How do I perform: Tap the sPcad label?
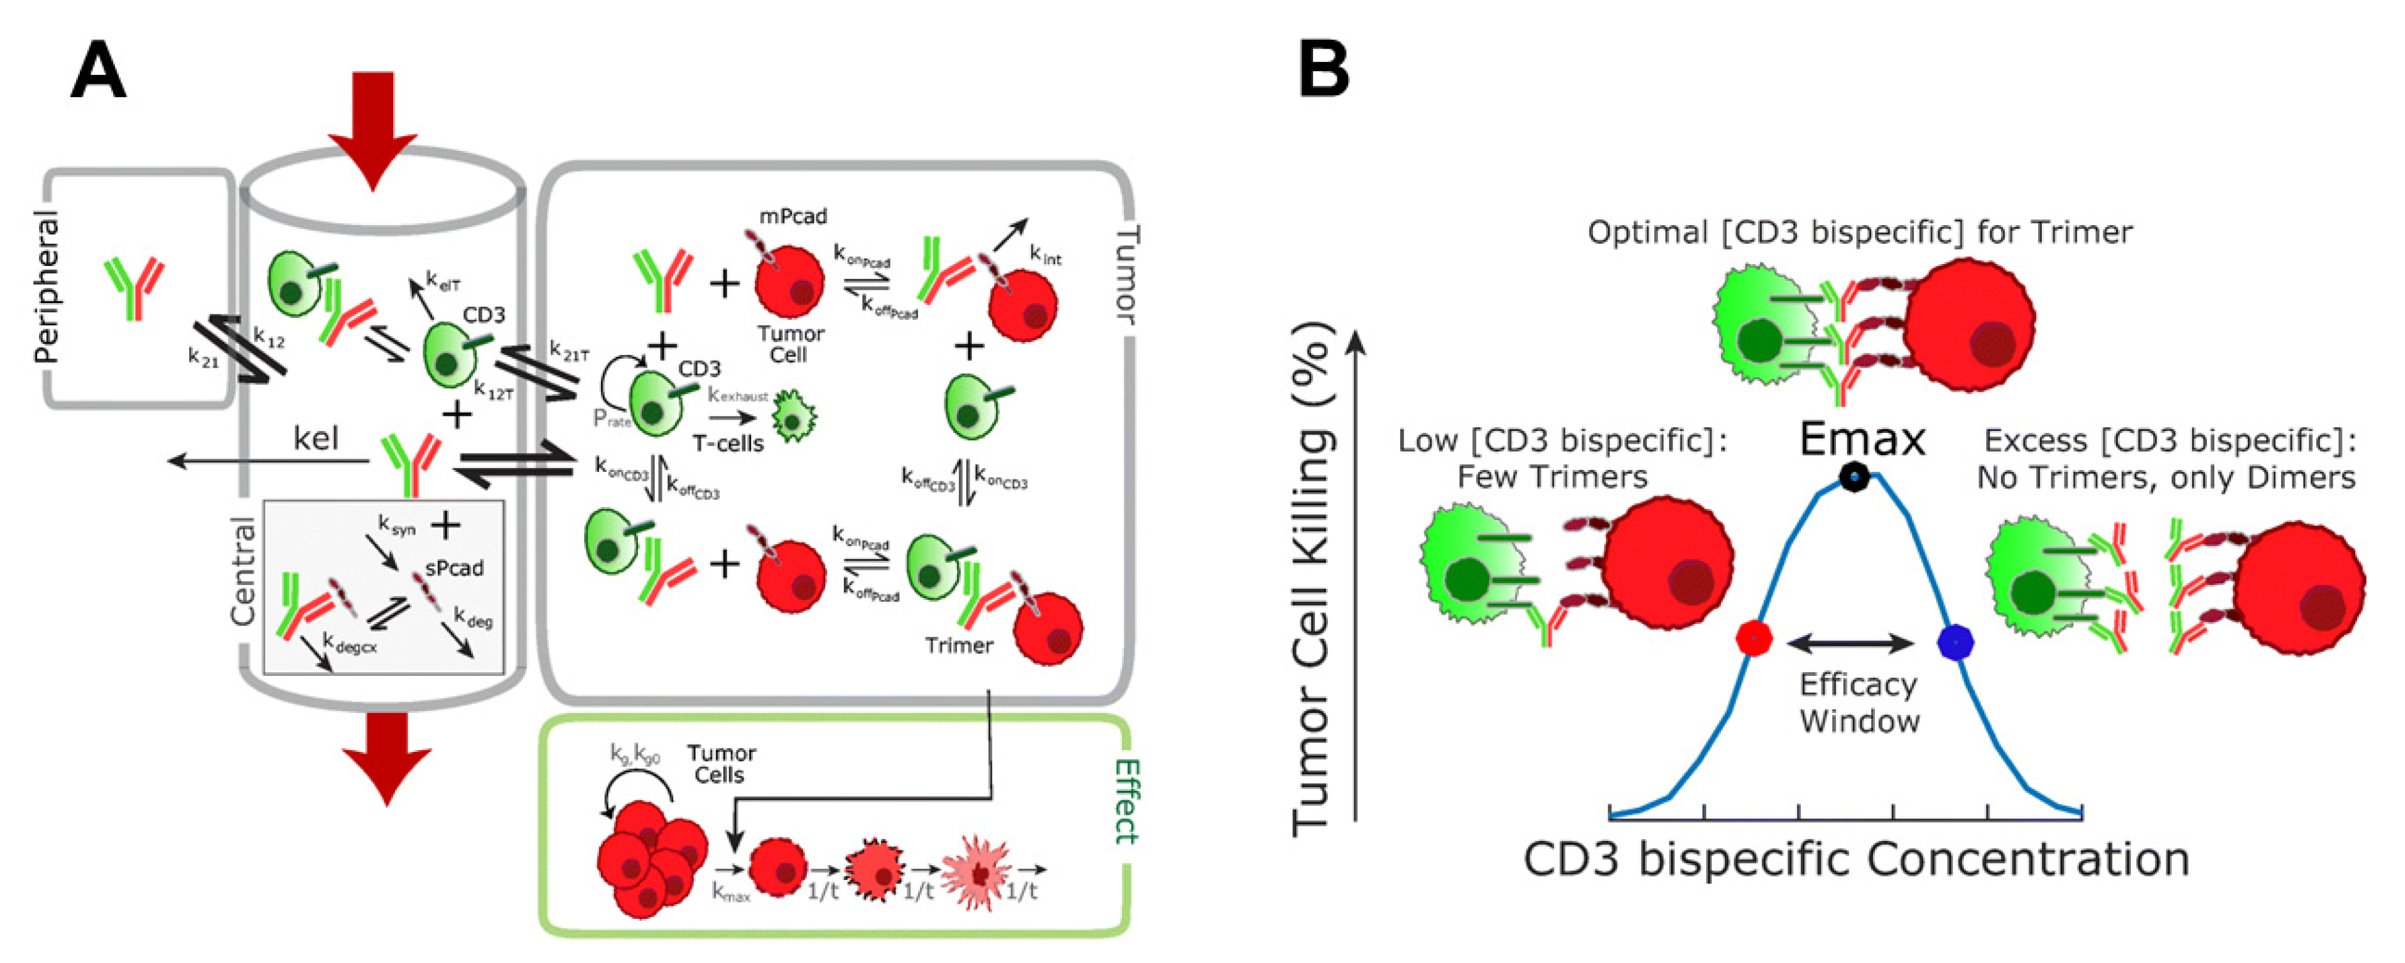pos(454,568)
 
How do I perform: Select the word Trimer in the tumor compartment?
pos(959,645)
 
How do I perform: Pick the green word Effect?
pos(1127,801)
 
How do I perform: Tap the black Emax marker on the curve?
pos(1854,477)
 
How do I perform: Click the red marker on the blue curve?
pos(1754,639)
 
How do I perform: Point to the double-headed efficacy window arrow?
pos(1852,643)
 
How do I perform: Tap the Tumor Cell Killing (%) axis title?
pos(1312,579)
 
